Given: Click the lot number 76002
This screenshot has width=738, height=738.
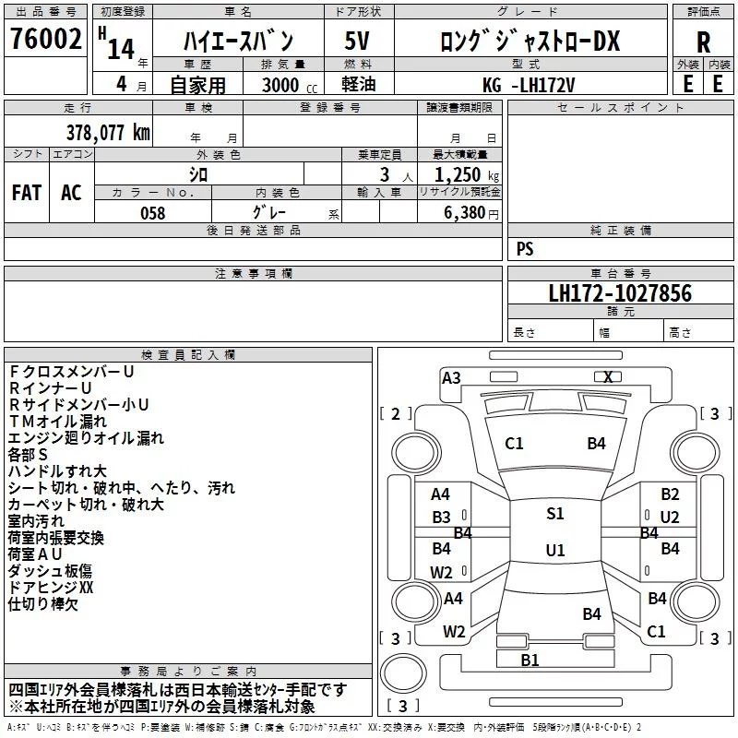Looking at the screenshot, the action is coord(43,40).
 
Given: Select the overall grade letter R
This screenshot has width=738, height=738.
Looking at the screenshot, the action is coord(703,43).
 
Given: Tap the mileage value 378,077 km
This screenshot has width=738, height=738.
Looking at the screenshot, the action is coord(109,132).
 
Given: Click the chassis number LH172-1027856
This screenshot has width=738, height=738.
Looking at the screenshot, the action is coord(620,293).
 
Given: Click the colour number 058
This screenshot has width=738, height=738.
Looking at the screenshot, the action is coord(152,213).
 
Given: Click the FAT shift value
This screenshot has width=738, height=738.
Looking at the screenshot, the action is coord(26,193).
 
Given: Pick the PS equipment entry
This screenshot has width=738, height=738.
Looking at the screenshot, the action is coord(525,249).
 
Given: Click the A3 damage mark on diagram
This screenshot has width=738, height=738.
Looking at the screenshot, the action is coord(451,377).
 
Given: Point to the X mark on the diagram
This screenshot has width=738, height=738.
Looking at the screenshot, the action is coord(608,376).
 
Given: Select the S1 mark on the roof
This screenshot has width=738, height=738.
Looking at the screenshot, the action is coord(554,514).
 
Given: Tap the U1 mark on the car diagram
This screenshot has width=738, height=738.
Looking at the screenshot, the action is coord(554,550).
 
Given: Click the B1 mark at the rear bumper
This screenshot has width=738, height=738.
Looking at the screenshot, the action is coord(530,660).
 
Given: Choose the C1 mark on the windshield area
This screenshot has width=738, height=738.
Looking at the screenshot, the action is coord(514,444).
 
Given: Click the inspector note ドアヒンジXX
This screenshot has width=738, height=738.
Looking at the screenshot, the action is coord(51,587).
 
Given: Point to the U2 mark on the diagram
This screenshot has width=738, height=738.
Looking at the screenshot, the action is coord(670,517).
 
